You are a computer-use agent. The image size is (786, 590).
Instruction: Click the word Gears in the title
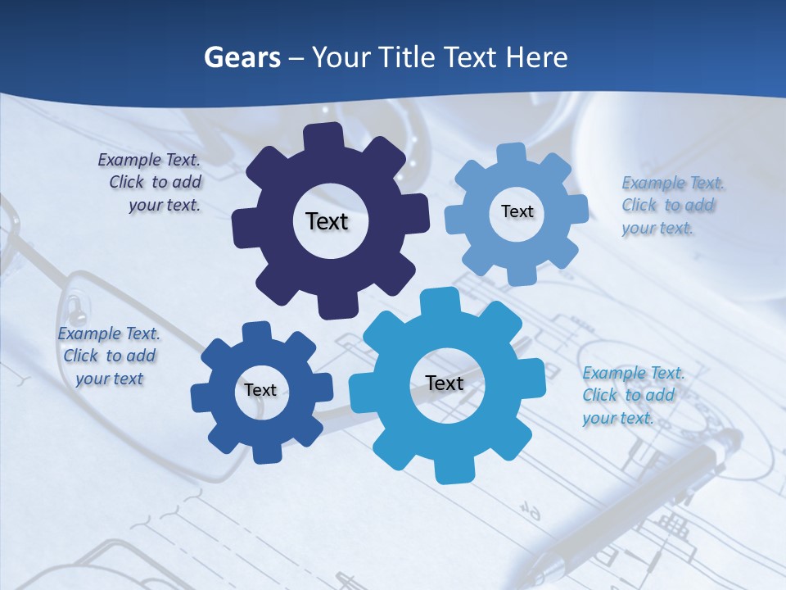[x=242, y=57]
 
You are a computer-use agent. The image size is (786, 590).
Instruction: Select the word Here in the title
[x=537, y=57]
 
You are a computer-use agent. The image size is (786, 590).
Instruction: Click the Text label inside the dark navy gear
[x=327, y=221]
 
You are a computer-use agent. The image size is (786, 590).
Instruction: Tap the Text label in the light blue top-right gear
[x=517, y=211]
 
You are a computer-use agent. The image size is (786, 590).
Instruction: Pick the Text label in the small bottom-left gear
[x=260, y=390]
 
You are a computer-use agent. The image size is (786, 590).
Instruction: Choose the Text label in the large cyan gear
[x=445, y=383]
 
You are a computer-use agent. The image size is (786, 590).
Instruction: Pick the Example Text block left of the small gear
[x=109, y=356]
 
